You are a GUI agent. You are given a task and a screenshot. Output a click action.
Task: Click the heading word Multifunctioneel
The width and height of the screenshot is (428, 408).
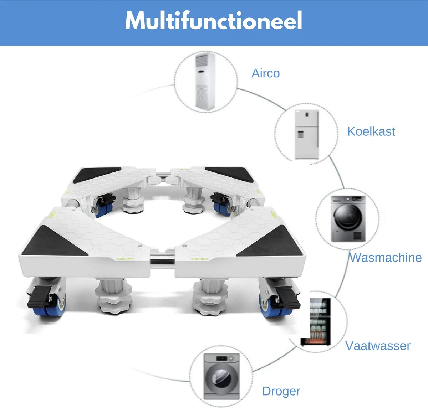214,20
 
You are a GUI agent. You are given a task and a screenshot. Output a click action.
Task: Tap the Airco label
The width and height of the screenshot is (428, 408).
266,73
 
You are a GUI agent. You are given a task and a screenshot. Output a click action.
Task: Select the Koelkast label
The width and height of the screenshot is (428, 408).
371,131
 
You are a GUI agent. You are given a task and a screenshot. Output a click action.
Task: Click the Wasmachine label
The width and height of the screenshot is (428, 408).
386,258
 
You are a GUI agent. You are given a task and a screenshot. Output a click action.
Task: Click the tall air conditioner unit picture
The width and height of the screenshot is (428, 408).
205,81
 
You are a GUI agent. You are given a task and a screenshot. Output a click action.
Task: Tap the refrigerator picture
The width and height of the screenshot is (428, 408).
307,134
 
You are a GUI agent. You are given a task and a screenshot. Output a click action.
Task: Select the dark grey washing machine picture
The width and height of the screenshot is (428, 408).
348,219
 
